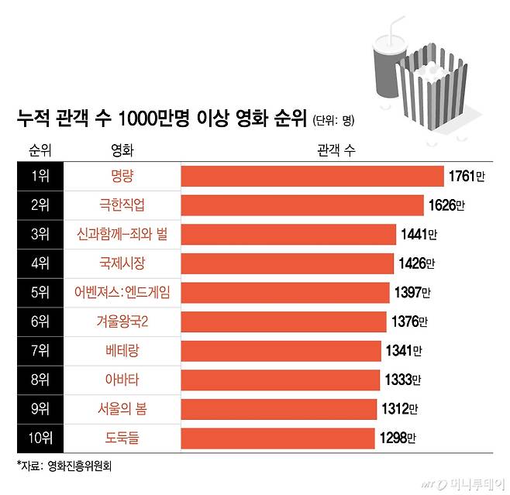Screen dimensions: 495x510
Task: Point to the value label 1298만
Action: tap(397, 438)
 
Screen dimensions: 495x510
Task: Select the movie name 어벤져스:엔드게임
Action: tap(122, 293)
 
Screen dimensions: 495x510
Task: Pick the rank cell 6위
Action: tap(39, 321)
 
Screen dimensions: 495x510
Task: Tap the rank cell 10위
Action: tap(39, 438)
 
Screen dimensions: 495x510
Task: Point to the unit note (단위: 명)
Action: tap(333, 120)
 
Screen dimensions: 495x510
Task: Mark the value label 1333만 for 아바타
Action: tap(403, 380)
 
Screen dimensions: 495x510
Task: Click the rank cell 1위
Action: tap(39, 177)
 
